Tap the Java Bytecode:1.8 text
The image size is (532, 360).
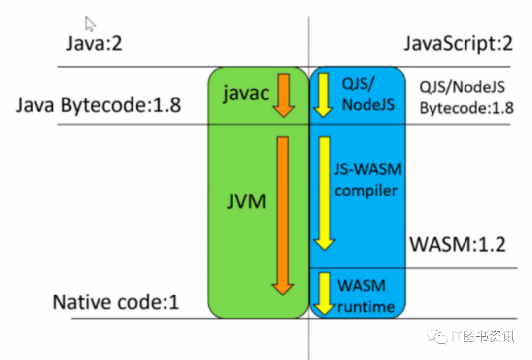point(99,105)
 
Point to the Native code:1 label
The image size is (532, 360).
point(116,302)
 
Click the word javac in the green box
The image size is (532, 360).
point(246,92)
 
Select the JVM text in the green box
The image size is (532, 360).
point(247,201)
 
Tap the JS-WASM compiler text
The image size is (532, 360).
point(367,180)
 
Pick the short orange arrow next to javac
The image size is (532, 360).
point(283,95)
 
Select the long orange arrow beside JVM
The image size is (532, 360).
point(283,215)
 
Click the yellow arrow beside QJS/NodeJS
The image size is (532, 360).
point(323,95)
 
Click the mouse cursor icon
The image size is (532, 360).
point(90,23)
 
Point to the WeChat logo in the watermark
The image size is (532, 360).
point(436,336)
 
